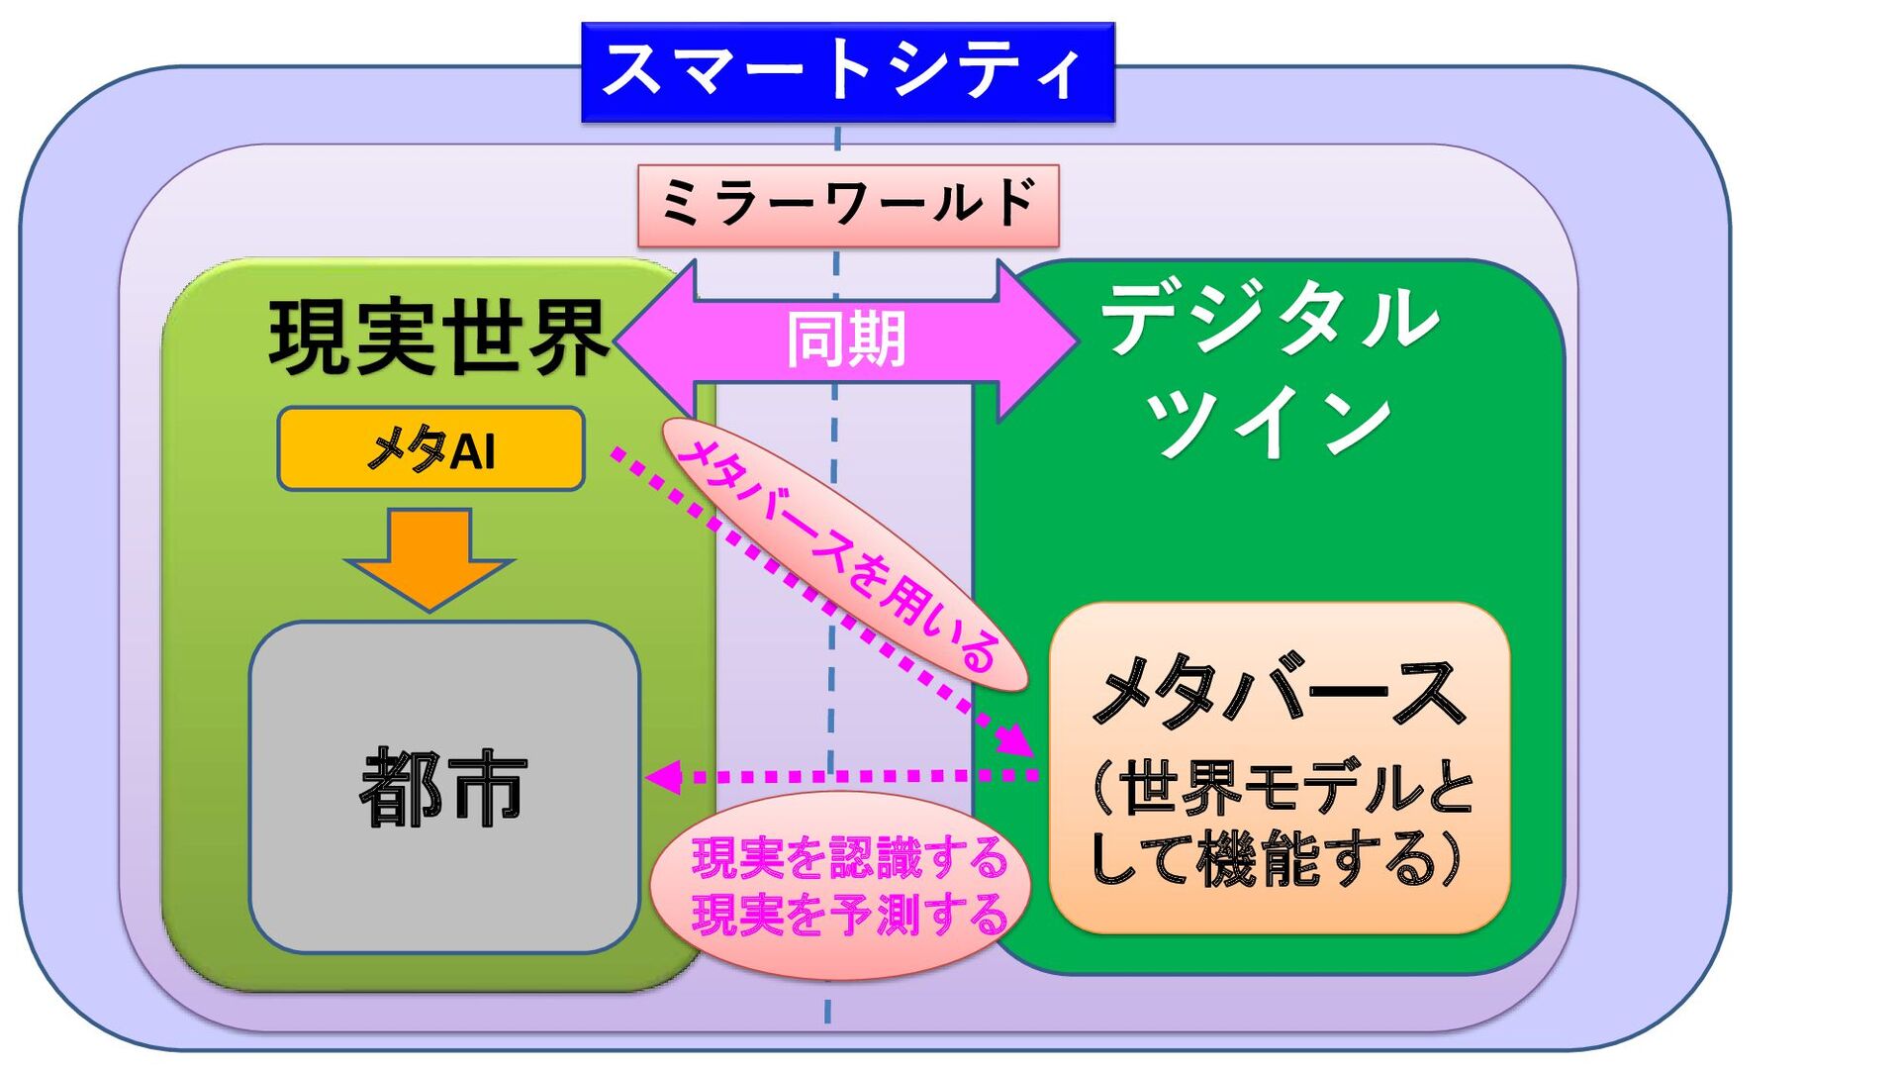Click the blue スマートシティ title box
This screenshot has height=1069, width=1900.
(x=847, y=72)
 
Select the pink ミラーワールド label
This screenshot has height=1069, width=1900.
(x=848, y=205)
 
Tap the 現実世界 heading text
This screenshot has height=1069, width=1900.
(x=438, y=339)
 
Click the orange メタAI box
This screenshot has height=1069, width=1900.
(x=430, y=449)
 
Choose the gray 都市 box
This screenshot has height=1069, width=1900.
(x=443, y=787)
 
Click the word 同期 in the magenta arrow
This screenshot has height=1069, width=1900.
(x=846, y=340)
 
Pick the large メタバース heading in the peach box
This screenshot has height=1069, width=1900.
(x=1278, y=693)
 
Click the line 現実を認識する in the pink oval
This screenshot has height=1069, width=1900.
(x=849, y=858)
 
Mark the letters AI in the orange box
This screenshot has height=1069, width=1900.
(x=472, y=452)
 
